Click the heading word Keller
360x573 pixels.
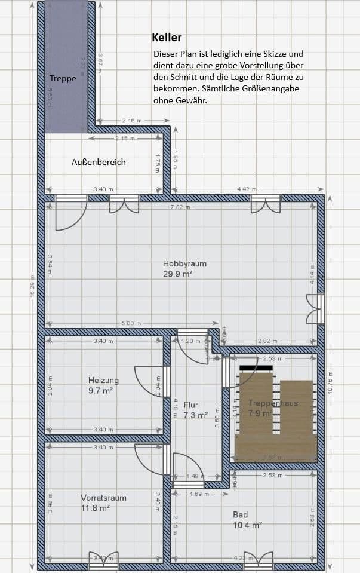click(167, 38)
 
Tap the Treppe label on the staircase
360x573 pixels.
click(63, 78)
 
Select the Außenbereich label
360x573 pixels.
click(99, 162)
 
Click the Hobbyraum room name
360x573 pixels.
click(181, 263)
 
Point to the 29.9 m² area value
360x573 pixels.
click(179, 274)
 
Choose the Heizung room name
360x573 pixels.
click(103, 380)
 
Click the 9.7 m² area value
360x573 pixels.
click(100, 391)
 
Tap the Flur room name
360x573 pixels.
click(191, 405)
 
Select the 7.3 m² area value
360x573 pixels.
click(195, 415)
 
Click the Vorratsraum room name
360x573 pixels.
click(103, 497)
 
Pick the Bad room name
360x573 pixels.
click(240, 514)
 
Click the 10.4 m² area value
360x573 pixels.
click(248, 525)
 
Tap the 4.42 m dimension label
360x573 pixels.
click(243, 189)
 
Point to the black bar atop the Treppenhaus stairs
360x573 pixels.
click(256, 367)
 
